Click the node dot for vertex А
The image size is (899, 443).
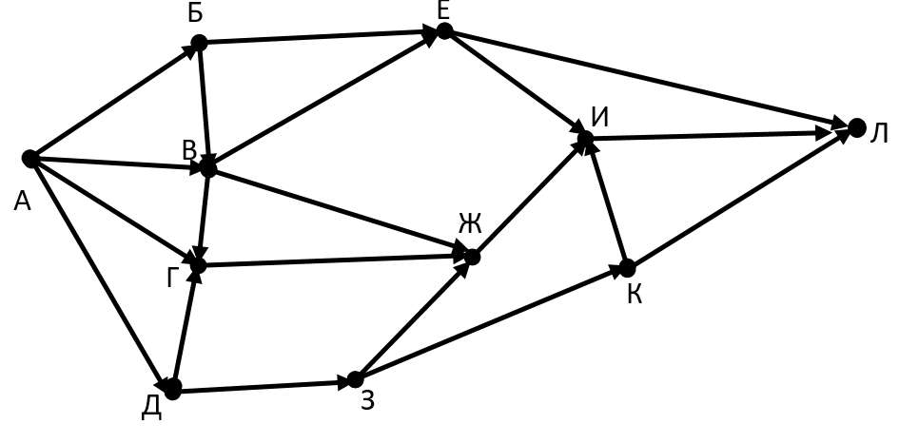[x=30, y=159]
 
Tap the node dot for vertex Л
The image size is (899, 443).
[x=856, y=127]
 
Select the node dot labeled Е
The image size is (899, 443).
[x=444, y=31]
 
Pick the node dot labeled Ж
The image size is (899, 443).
[x=472, y=258]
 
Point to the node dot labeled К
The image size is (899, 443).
[x=627, y=268]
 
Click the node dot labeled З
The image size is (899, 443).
[x=356, y=379]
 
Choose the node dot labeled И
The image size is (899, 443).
[x=585, y=139]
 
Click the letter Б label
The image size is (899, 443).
[x=196, y=12]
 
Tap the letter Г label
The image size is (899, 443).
[x=172, y=279]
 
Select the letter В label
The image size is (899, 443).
[x=189, y=151]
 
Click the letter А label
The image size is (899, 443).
[x=23, y=202]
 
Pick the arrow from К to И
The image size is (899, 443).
[x=607, y=203]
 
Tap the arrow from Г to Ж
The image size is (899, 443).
[x=334, y=261]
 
